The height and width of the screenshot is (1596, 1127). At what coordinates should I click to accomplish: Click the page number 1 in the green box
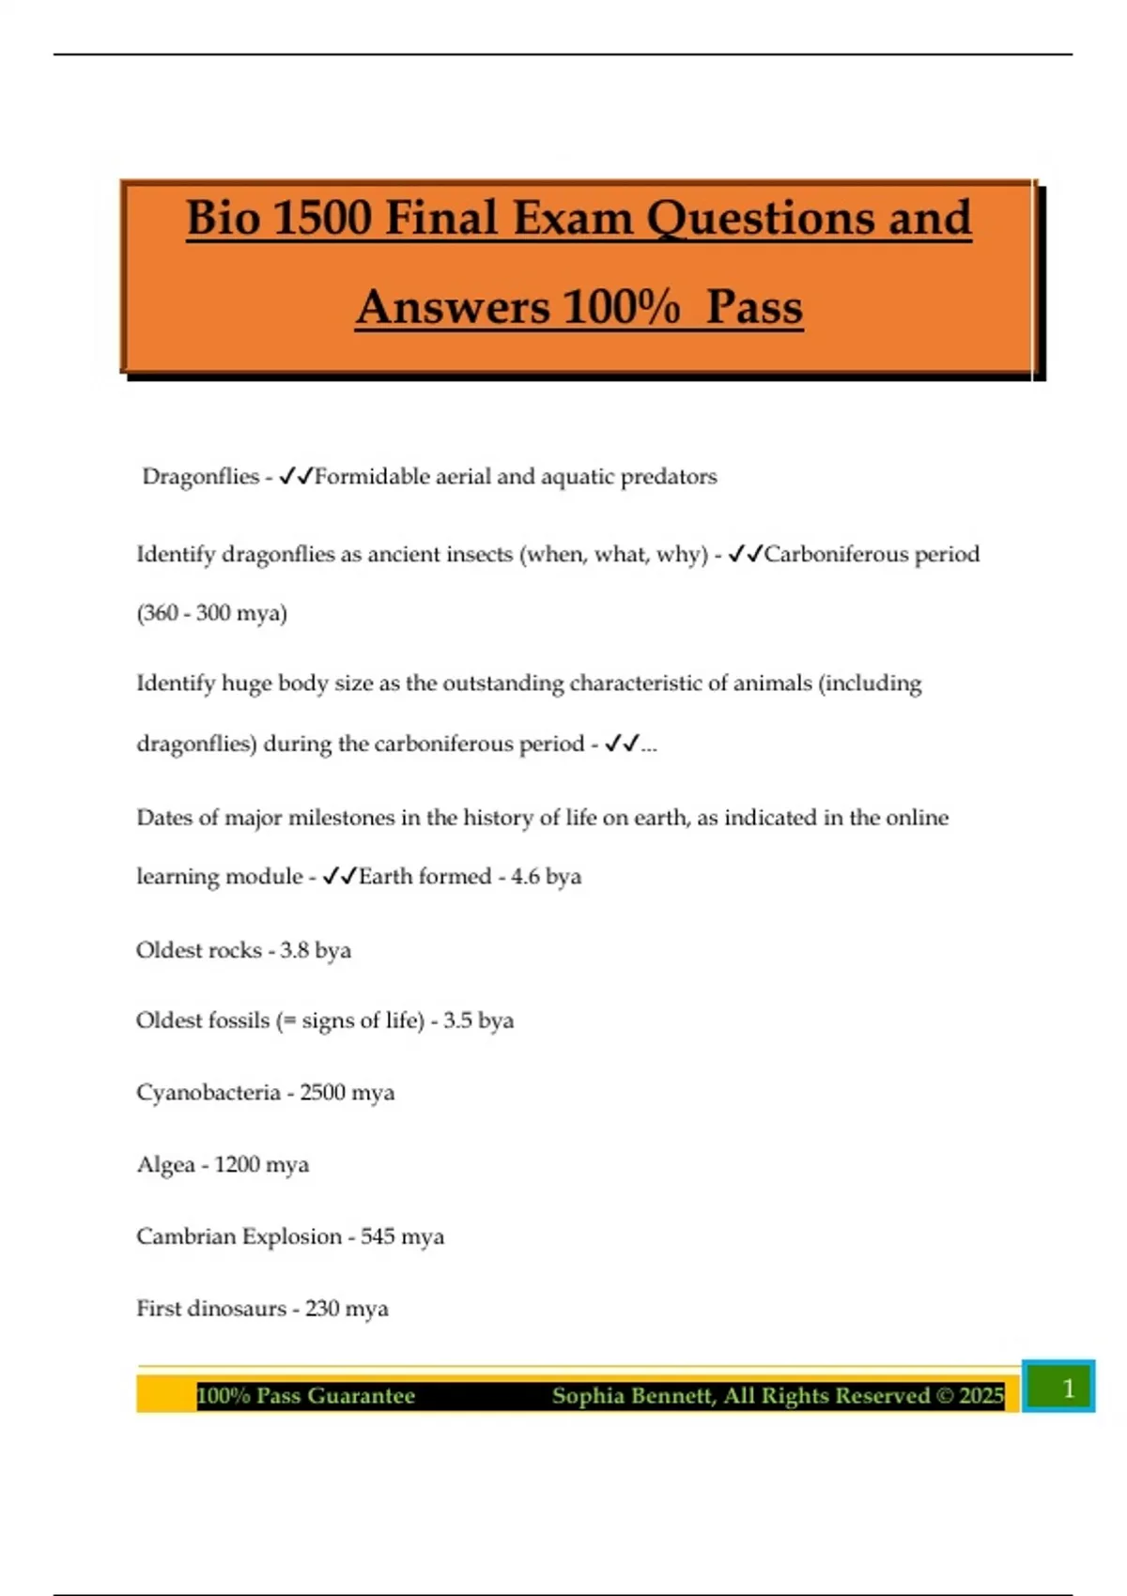[x=1067, y=1389]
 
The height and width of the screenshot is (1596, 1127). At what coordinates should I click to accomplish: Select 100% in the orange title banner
[x=621, y=307]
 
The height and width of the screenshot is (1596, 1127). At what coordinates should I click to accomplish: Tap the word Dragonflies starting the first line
[x=200, y=477]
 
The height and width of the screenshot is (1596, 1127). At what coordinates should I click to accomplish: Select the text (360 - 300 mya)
[x=212, y=613]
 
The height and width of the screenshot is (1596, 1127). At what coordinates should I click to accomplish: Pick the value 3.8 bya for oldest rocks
[x=316, y=950]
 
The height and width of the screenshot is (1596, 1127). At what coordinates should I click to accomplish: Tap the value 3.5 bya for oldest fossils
[x=478, y=1021]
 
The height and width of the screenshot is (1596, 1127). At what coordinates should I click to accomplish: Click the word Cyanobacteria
[x=208, y=1093]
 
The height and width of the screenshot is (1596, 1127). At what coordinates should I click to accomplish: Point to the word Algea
[x=165, y=1165]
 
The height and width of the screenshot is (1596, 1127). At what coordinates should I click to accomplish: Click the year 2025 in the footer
[x=981, y=1396]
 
